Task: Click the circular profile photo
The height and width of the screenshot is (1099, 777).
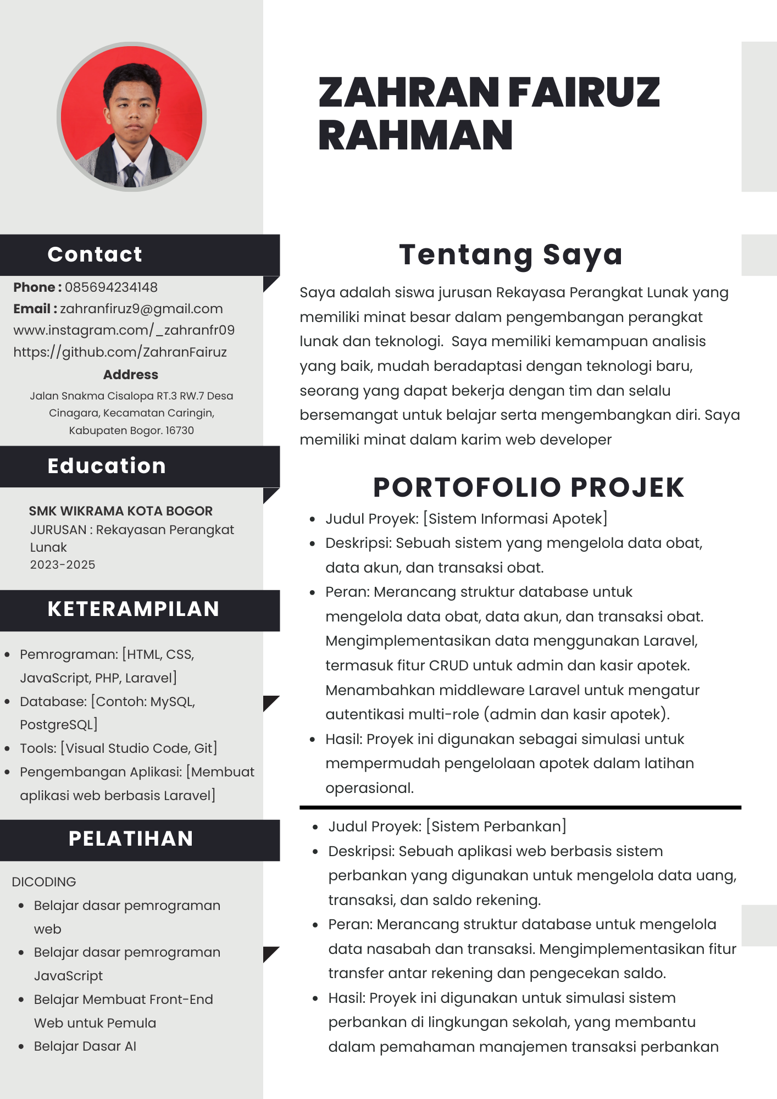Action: pyautogui.click(x=131, y=116)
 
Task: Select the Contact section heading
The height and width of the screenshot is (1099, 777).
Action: pyautogui.click(x=95, y=254)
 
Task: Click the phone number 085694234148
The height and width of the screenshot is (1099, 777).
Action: pyautogui.click(x=111, y=287)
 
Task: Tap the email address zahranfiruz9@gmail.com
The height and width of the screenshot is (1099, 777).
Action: pyautogui.click(x=141, y=309)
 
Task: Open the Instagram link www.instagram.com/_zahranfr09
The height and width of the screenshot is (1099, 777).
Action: pyautogui.click(x=124, y=330)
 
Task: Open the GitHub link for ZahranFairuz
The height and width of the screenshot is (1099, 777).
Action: pyautogui.click(x=120, y=352)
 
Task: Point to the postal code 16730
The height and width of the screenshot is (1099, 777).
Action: pyautogui.click(x=180, y=431)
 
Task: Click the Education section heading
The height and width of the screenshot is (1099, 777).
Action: pyautogui.click(x=107, y=466)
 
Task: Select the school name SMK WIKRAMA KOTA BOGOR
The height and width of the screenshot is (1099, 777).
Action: pyautogui.click(x=120, y=511)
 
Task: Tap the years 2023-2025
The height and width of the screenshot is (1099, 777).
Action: pyautogui.click(x=63, y=565)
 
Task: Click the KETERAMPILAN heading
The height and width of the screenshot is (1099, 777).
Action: pyautogui.click(x=134, y=609)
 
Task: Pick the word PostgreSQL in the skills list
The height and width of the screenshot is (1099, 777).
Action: pyautogui.click(x=57, y=725)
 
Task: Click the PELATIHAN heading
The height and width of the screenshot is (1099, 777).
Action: pyautogui.click(x=131, y=839)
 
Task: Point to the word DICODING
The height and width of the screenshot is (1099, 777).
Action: pyautogui.click(x=44, y=882)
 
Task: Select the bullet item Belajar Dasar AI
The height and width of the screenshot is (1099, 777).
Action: pyautogui.click(x=85, y=1046)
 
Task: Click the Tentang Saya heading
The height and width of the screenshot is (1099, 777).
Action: pyautogui.click(x=511, y=255)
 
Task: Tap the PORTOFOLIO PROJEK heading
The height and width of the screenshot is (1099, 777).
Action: pyautogui.click(x=529, y=487)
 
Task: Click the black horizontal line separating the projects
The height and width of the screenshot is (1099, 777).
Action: pyautogui.click(x=520, y=807)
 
